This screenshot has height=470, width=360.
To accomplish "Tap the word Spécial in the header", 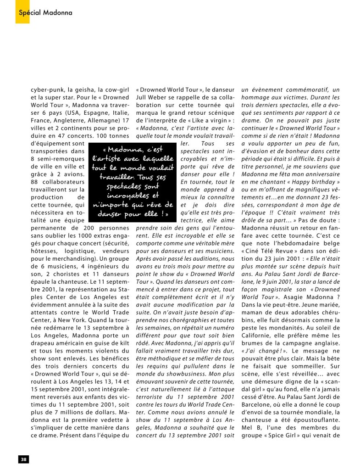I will (x=30, y=12).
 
